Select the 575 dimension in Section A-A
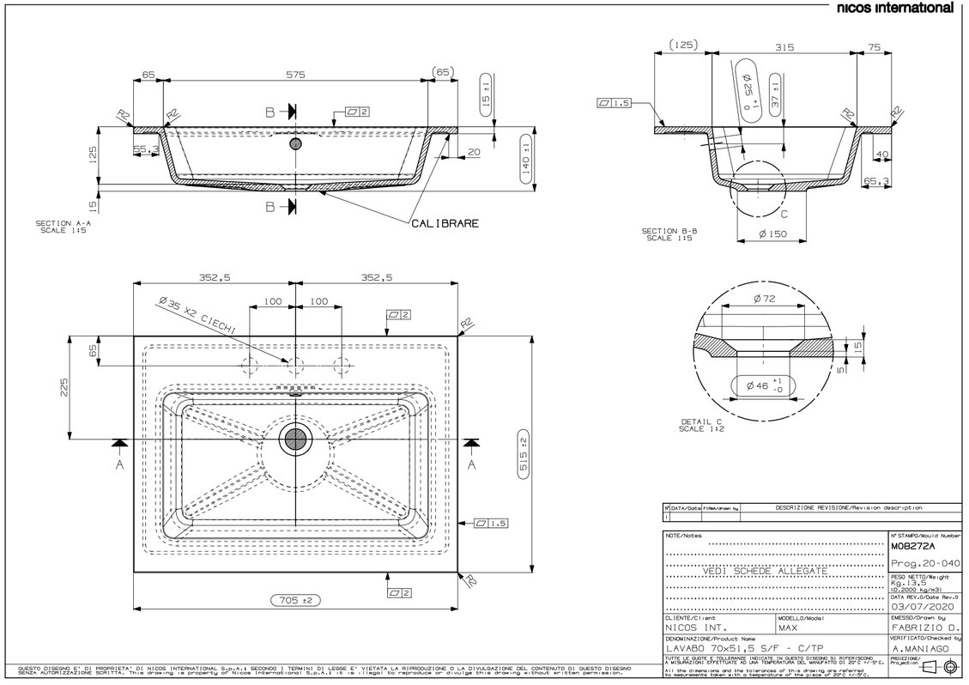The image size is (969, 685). click(295, 76)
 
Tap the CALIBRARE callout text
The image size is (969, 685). click(445, 223)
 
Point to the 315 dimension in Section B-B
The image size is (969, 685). click(781, 48)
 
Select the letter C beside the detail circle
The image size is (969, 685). click(783, 214)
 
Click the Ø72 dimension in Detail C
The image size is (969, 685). click(763, 298)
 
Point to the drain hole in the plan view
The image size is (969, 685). click(296, 439)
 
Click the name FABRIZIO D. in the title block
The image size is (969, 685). click(920, 627)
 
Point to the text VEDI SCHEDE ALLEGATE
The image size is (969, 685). click(765, 571)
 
